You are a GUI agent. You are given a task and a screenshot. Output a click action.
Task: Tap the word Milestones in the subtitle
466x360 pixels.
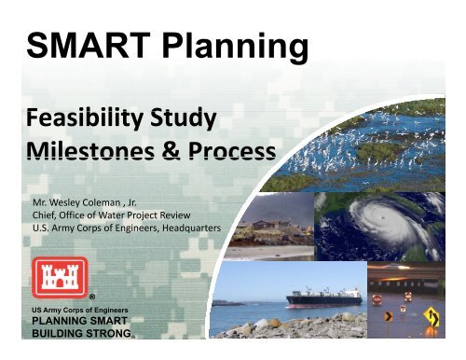(x=82, y=151)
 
